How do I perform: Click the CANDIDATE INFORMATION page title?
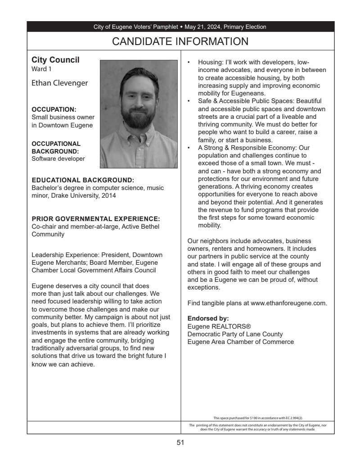[180, 42]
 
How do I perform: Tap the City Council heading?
[55, 60]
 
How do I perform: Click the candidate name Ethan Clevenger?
[59, 83]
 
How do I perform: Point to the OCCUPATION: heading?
[54, 109]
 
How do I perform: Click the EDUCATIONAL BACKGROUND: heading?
[83, 180]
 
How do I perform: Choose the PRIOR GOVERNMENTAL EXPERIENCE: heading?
[96, 219]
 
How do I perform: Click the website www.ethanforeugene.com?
[288, 303]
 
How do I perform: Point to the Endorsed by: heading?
[208, 318]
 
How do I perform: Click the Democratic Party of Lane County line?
[235, 334]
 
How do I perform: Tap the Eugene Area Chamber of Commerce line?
[240, 342]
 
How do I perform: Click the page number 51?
[180, 443]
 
